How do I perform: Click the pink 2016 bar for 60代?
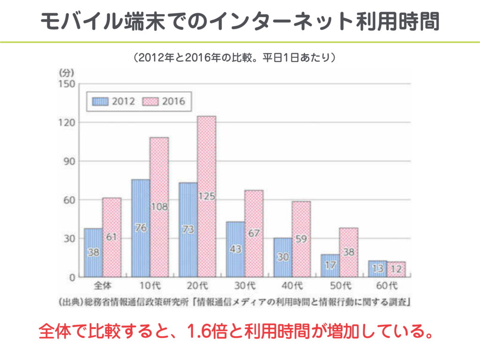(x=396, y=270)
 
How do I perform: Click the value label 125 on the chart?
(x=206, y=196)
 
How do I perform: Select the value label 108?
(x=159, y=206)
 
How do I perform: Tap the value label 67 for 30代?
(x=254, y=233)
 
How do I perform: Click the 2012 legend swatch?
(x=100, y=101)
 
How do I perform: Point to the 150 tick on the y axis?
(x=66, y=84)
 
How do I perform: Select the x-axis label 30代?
(x=245, y=285)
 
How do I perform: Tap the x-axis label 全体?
(x=102, y=285)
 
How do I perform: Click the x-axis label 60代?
(x=387, y=285)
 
